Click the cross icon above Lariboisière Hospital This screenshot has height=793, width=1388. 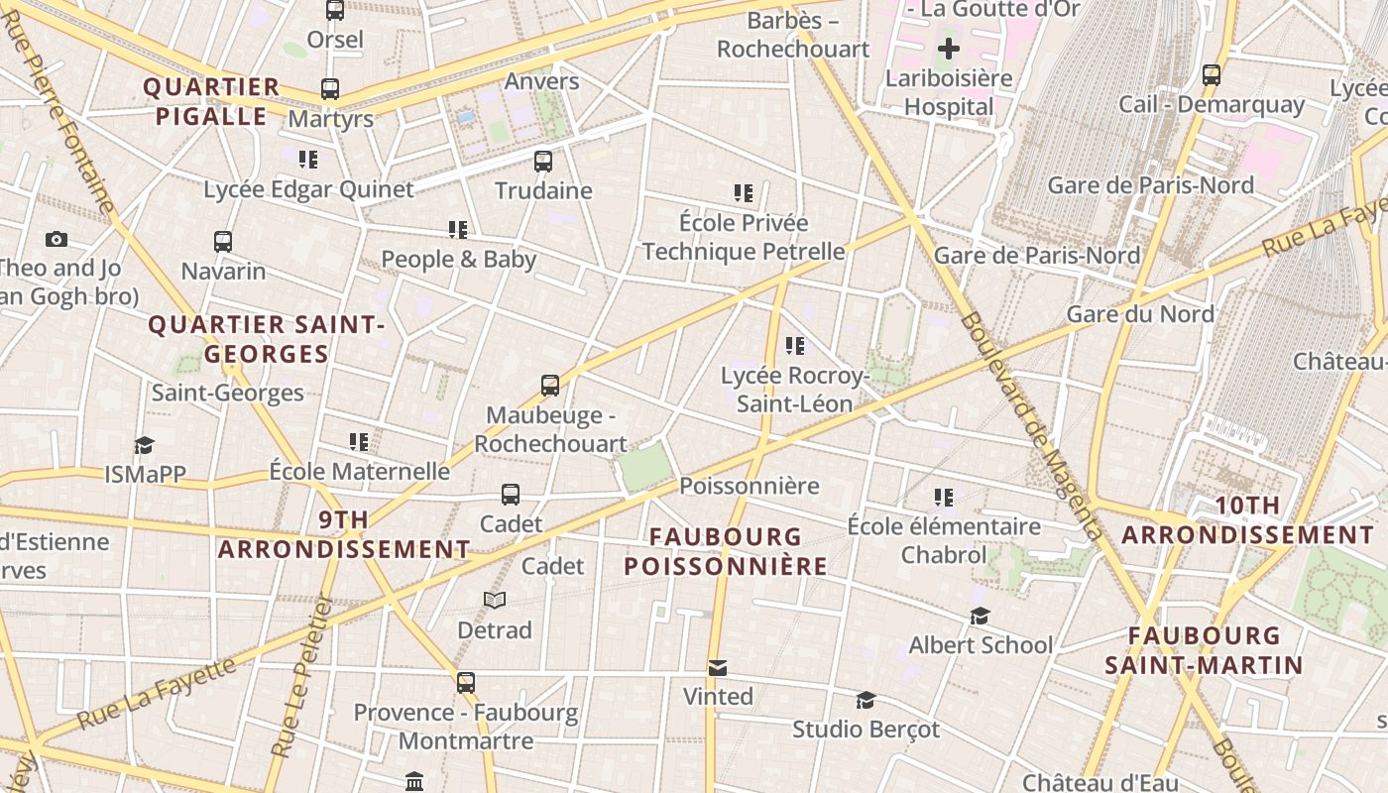(949, 48)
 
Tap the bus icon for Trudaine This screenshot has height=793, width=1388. (542, 161)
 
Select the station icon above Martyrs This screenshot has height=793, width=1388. (330, 89)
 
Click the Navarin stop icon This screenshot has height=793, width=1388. (223, 241)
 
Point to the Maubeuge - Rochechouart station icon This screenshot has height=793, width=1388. (550, 386)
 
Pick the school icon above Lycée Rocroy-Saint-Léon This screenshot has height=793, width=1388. (794, 346)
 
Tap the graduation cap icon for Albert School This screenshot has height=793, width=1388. (980, 617)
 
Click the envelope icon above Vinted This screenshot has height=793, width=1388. (718, 667)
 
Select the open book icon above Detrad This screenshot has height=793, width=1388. (495, 600)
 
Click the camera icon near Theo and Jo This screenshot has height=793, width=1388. (57, 239)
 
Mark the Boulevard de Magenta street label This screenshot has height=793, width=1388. (1030, 426)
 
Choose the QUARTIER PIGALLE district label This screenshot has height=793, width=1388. (211, 101)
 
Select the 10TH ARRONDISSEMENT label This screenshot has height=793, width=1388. (1248, 520)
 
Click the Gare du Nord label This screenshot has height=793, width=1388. (1140, 314)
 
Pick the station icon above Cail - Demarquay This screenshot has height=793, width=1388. (1211, 75)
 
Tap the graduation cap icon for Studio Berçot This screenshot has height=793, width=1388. (866, 700)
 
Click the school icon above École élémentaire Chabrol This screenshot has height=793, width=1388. (943, 497)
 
